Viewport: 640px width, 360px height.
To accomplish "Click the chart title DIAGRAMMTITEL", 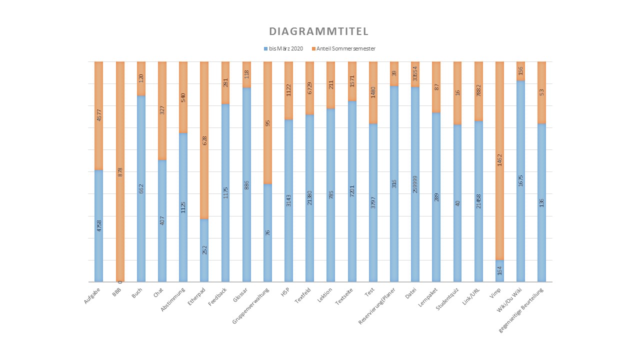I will tap(318, 31).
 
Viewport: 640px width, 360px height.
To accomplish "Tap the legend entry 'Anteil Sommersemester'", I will tap(345, 48).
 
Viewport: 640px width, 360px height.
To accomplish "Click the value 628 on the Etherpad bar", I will tap(204, 141).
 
